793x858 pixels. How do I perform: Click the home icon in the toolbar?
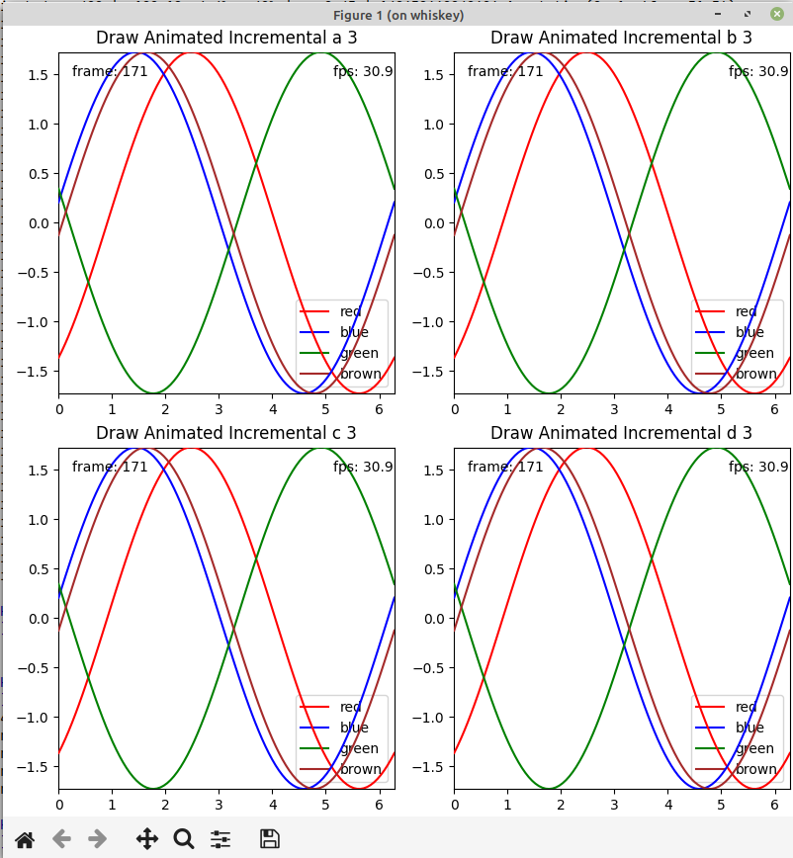click(25, 839)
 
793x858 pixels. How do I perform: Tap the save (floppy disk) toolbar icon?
click(269, 839)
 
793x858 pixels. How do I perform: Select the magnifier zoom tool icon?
click(184, 839)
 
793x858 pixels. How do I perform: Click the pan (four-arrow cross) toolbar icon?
click(146, 839)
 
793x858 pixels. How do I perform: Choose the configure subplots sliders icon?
click(220, 839)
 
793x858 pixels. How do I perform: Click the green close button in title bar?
click(776, 14)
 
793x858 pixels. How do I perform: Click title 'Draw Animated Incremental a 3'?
click(226, 38)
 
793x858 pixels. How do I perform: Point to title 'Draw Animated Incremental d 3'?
click(622, 433)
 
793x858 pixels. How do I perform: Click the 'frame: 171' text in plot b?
click(505, 71)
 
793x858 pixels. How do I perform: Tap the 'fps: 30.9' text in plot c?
click(364, 467)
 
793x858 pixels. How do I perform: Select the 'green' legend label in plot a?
click(359, 353)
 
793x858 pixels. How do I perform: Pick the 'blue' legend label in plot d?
click(749, 728)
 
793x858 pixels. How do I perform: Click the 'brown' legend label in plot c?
click(361, 769)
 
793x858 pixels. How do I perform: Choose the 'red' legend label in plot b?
click(747, 311)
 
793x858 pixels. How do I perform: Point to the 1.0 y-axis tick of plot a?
click(39, 125)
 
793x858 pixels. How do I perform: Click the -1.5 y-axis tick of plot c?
click(36, 767)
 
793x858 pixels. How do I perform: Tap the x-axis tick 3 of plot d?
click(615, 803)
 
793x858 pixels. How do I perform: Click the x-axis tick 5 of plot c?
click(325, 803)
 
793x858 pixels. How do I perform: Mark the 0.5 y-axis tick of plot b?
click(434, 174)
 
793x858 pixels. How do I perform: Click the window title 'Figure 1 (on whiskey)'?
click(398, 15)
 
